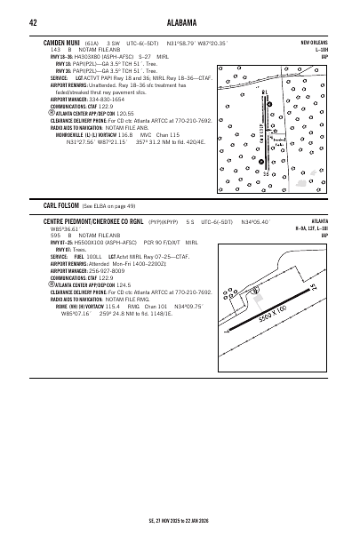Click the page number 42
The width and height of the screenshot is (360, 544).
(32, 22)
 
